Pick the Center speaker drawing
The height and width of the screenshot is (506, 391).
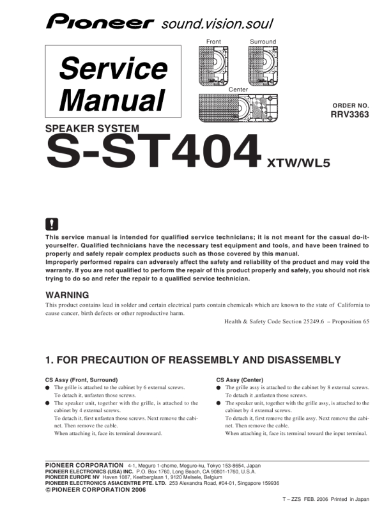(x=238, y=107)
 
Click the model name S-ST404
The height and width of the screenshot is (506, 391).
(x=153, y=153)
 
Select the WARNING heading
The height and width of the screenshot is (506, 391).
(x=67, y=295)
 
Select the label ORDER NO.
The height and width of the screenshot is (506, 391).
(x=351, y=105)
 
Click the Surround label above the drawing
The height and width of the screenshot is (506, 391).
(x=263, y=42)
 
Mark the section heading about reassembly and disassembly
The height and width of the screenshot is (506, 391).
(x=194, y=360)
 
